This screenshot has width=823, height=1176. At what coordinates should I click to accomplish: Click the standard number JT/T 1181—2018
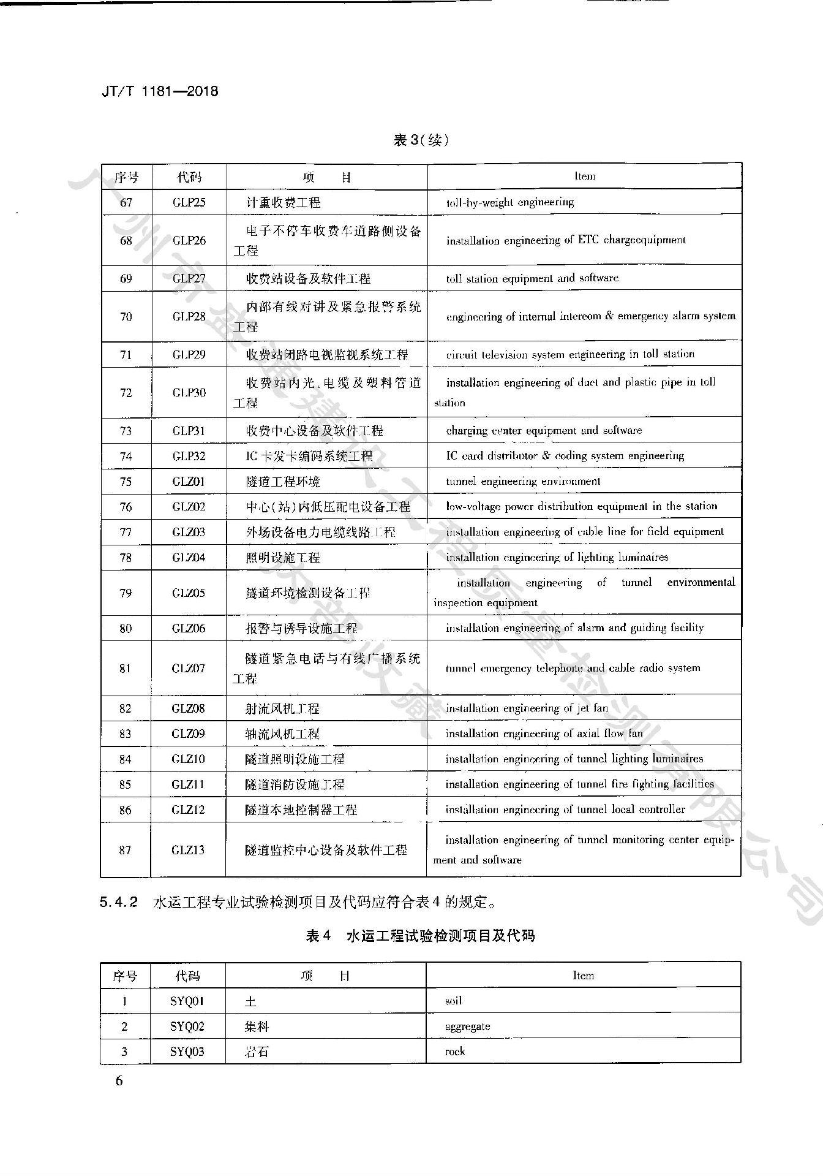coord(160,91)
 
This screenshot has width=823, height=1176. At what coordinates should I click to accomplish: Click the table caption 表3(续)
coord(421,140)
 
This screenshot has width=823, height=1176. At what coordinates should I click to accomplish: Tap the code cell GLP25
coord(189,202)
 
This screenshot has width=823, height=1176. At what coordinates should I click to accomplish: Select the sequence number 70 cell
coord(126,316)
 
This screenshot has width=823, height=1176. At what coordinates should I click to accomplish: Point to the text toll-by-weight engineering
coord(509,202)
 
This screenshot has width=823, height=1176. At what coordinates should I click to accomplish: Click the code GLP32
coord(189,456)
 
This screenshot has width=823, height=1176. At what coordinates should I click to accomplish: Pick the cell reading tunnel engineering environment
coord(522,481)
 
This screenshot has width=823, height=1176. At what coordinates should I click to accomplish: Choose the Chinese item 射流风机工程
coord(282,708)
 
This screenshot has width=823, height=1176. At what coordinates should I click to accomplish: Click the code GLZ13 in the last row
coord(188,849)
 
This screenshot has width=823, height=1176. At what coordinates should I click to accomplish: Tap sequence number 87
coord(125,849)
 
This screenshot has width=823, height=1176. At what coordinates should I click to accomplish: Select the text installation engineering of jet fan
coord(527,708)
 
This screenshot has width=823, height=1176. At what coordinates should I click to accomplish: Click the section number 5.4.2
coord(119,902)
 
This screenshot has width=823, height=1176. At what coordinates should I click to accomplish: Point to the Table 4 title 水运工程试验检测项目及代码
coord(440,936)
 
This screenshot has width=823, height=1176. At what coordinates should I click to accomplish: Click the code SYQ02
coord(187,1026)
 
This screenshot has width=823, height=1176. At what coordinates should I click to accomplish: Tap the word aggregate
coord(467,1026)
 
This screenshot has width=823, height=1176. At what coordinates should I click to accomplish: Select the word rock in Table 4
coord(455,1052)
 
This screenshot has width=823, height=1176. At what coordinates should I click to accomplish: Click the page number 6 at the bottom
coord(119,1080)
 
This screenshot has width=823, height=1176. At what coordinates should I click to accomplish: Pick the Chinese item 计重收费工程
coord(283,202)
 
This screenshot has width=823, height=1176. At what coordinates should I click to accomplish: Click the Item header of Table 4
coord(583,976)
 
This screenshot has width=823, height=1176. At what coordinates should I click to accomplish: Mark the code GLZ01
coord(189,481)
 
